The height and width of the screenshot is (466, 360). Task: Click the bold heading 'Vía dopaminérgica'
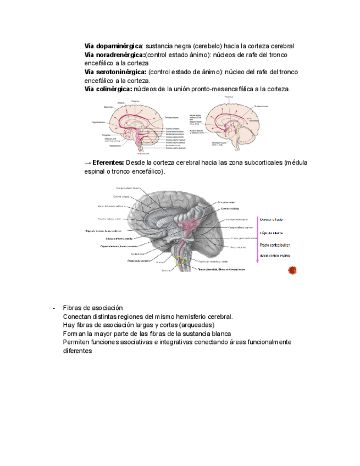pos(113,46)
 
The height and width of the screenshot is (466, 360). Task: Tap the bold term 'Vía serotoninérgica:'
pos(115,72)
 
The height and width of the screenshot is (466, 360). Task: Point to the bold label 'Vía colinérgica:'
pos(108,89)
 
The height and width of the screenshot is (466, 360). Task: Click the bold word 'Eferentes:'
pos(108,163)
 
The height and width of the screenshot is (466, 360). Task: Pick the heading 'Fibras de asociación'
pos(93,308)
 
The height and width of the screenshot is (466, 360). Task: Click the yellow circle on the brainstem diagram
pos(180,261)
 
